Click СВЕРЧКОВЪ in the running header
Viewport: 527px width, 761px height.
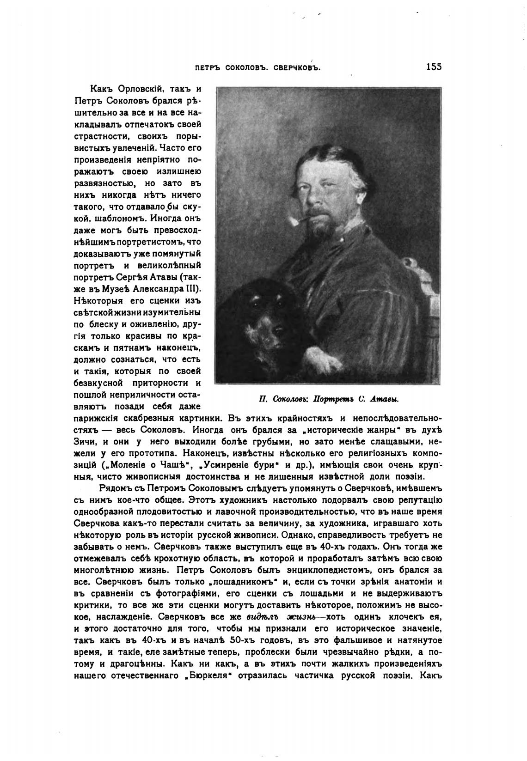click(298, 67)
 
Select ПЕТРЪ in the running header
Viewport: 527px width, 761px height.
click(208, 67)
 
